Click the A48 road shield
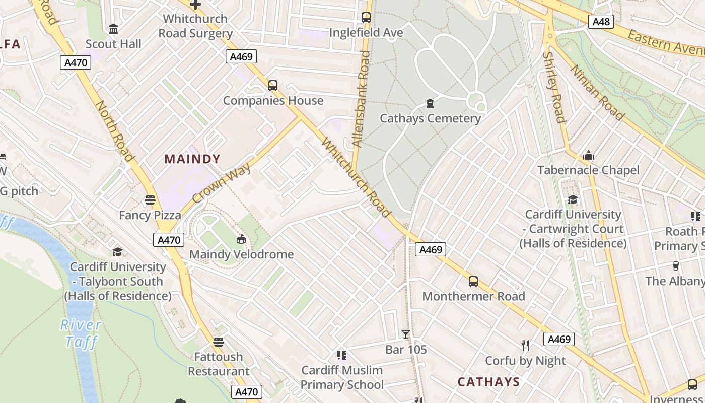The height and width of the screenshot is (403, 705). click(601, 21)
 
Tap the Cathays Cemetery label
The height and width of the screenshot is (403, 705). click(430, 118)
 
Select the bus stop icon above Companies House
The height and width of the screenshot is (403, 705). click(272, 85)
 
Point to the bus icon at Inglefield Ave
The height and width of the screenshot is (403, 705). click(366, 17)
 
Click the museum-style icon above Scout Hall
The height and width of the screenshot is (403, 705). click(113, 29)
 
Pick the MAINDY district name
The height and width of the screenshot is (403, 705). click(192, 159)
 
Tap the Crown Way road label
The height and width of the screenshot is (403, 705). click(222, 183)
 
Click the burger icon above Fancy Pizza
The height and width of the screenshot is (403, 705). click(150, 200)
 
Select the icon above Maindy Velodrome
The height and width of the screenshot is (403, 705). click(241, 239)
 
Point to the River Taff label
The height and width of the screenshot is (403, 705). click(81, 333)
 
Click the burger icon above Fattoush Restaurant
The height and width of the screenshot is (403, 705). click(218, 342)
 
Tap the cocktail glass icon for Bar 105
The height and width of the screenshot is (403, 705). click(405, 334)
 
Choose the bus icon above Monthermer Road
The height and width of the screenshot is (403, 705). click(473, 281)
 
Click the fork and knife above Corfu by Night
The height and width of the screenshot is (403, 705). click(525, 345)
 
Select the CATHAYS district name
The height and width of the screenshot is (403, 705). click(488, 382)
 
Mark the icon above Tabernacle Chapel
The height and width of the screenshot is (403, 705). click(588, 156)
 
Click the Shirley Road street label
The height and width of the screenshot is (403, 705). click(554, 87)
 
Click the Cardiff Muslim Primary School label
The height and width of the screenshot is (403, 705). click(342, 377)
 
